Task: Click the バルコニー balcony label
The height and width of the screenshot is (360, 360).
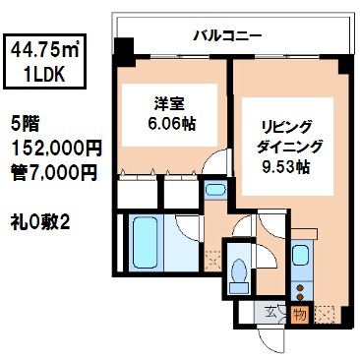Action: (227, 35)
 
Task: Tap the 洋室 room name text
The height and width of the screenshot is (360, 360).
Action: (169, 104)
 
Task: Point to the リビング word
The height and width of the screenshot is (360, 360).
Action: (284, 128)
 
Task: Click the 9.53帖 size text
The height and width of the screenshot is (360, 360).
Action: (285, 167)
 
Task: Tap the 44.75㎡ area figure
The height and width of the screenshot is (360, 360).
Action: (45, 50)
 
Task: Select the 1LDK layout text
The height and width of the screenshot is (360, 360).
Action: (44, 75)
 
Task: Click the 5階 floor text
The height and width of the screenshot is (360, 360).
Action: (25, 124)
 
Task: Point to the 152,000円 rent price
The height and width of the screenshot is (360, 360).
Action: (56, 149)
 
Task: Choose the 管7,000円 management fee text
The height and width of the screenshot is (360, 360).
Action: (54, 172)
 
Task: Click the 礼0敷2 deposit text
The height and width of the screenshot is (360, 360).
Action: (39, 223)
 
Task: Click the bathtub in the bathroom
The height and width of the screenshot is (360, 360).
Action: (145, 243)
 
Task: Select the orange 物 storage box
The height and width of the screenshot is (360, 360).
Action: (300, 315)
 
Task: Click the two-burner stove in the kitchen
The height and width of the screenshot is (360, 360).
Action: (300, 292)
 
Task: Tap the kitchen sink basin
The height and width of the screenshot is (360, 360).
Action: (300, 256)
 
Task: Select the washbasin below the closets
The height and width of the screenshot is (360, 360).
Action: (215, 190)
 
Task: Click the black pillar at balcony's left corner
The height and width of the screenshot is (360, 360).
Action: (124, 49)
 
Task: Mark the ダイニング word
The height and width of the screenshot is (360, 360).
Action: (289, 148)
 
